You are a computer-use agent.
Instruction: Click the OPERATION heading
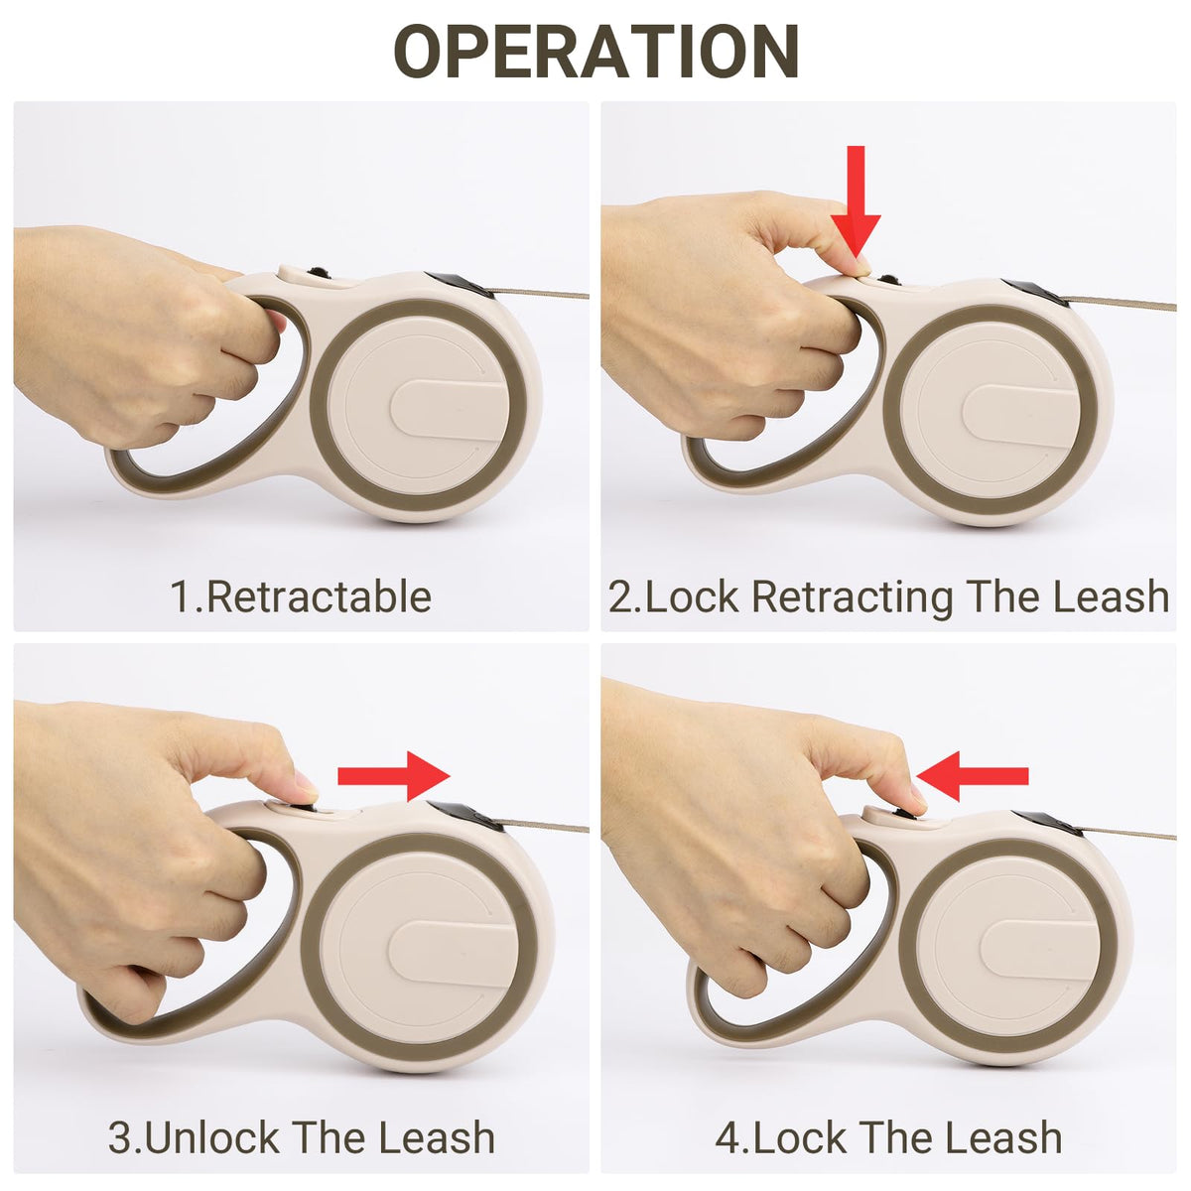[595, 52]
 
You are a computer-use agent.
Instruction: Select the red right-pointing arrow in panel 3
[394, 776]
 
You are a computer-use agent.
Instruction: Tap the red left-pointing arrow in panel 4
[972, 776]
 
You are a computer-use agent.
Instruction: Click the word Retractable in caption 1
[319, 597]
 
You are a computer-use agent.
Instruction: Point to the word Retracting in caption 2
[852, 598]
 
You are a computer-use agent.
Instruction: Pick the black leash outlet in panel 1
[460, 286]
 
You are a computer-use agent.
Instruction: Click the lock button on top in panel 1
[303, 273]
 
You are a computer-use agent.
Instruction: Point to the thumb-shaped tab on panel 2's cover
[1021, 415]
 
